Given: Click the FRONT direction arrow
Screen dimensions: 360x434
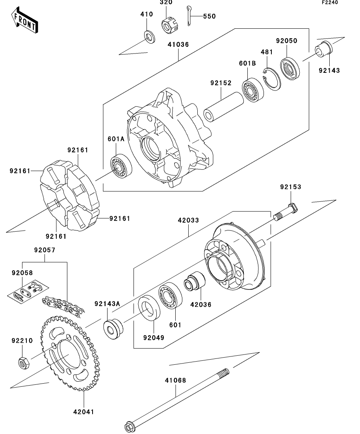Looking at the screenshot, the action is click(24, 20).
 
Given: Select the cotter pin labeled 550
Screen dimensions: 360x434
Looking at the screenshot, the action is click(189, 15).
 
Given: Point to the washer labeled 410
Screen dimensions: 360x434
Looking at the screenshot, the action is click(150, 37).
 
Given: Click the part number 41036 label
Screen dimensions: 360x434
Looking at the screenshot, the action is click(178, 44).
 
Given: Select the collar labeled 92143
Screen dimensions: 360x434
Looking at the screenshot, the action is click(323, 49).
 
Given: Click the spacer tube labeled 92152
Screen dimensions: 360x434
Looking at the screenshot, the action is click(224, 107).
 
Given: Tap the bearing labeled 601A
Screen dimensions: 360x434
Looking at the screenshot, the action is click(121, 166).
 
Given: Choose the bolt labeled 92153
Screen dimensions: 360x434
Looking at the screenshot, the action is click(286, 212).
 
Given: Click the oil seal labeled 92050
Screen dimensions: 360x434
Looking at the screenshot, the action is click(289, 68).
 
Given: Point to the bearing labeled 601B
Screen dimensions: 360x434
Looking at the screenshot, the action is click(253, 90).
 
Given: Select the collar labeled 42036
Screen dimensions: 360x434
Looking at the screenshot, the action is click(194, 281).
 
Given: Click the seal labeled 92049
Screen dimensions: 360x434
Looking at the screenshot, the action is click(149, 308).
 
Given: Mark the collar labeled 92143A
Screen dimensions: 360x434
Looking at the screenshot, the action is click(113, 329).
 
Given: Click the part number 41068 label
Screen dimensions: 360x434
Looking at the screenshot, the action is click(175, 380).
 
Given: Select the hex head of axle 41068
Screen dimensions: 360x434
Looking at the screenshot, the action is click(130, 426).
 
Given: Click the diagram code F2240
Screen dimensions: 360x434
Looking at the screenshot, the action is click(330, 2).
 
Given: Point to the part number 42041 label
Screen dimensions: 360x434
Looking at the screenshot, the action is click(84, 412).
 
